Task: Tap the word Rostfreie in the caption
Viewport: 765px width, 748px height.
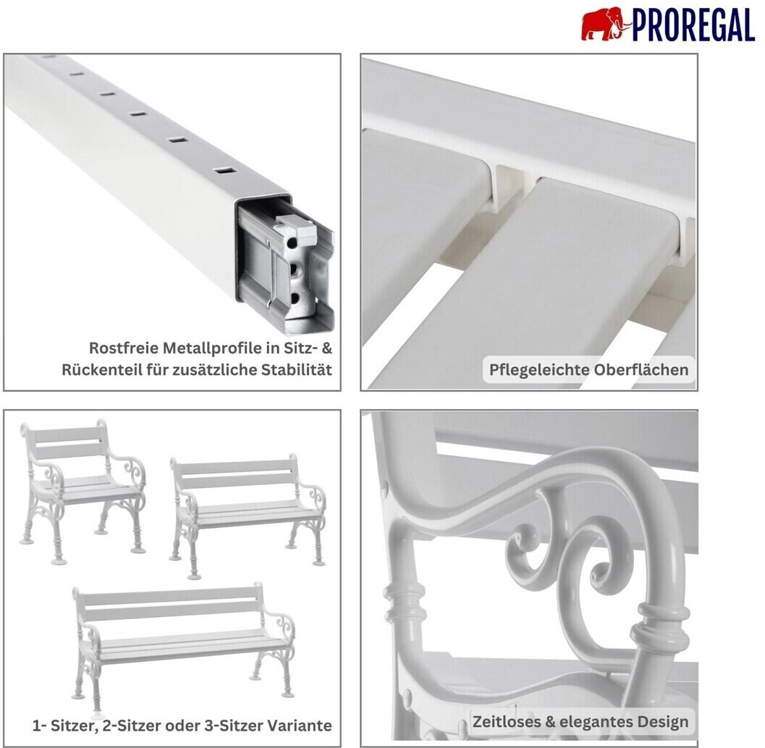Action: coord(124,348)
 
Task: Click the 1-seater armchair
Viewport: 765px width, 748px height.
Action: coord(83,491)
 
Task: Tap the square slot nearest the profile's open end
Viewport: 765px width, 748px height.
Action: coord(224,171)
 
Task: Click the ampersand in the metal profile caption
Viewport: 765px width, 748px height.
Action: coord(327,348)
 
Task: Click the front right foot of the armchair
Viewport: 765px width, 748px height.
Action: coord(138,550)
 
